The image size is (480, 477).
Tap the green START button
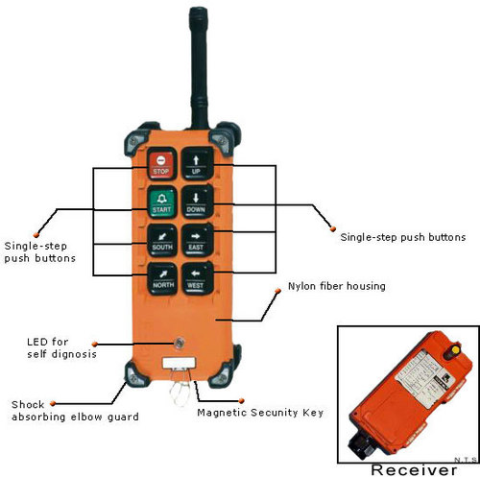pos(161,202)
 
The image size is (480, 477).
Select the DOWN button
pos(197,202)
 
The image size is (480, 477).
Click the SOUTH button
pos(161,239)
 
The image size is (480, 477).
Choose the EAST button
pos(197,239)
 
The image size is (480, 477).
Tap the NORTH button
pos(161,277)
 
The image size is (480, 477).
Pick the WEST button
pos(197,277)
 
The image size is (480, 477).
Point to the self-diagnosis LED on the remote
pos(179,342)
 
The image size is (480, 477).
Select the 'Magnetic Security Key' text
pos(259,413)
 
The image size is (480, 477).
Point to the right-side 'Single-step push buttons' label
pos(403,236)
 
